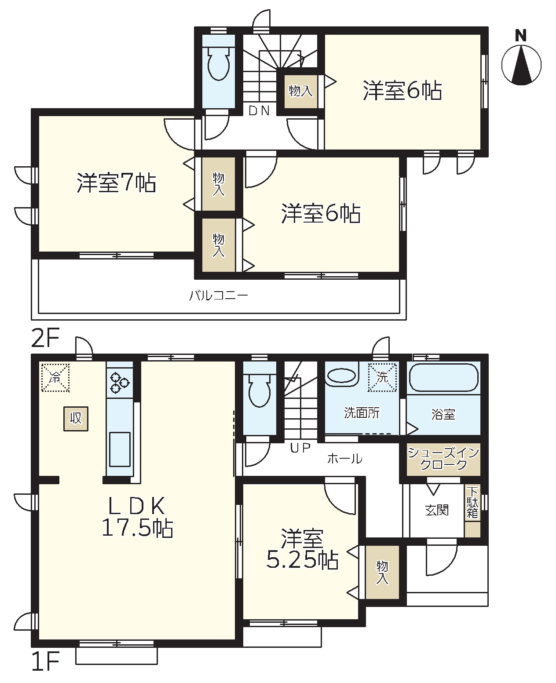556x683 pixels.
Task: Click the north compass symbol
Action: coord(521,61)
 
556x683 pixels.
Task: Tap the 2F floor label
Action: coord(45,339)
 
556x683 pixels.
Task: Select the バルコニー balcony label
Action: coord(218,295)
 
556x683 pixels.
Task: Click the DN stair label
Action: coord(259,111)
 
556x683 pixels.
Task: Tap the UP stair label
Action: coord(300,448)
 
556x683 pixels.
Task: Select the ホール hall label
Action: coord(345,459)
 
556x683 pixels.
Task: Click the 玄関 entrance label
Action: coord(437,510)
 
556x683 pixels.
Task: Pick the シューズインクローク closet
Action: coord(443,459)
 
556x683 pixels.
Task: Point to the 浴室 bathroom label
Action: coord(443,415)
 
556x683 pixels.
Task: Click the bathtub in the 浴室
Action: coord(444,377)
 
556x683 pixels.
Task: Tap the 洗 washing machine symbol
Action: coord(382,377)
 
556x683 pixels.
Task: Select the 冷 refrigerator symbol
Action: coord(55,377)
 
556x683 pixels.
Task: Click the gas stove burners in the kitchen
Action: coord(120,382)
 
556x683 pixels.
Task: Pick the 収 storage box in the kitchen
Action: coord(76,418)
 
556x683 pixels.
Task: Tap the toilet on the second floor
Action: coord(219,63)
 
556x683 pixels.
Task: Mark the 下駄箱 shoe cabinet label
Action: coord(472,503)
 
